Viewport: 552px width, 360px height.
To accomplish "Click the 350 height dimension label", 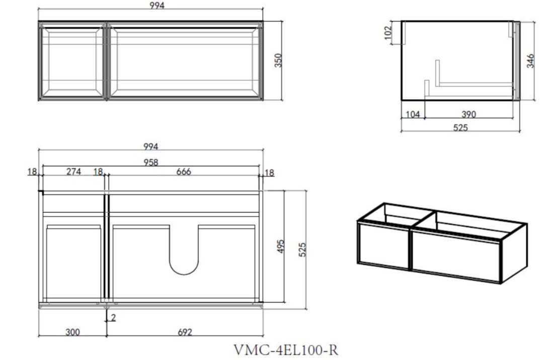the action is pos(278,60).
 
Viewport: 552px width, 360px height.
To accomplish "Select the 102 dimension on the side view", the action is pos(388,33).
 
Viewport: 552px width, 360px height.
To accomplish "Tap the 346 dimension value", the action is pos(530,61).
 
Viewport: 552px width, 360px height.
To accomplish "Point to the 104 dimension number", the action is pos(413,114).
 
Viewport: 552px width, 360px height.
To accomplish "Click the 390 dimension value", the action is pos(468,114).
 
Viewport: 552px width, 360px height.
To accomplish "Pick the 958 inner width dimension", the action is pos(150,162).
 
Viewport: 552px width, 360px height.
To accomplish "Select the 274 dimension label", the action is pos(73,172).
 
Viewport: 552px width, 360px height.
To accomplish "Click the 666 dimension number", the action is pos(184,172).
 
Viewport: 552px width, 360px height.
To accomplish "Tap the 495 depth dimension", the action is pos(281,247).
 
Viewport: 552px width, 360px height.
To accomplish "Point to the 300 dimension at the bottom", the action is pos(72,332).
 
